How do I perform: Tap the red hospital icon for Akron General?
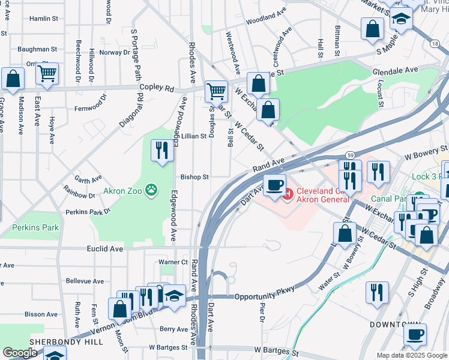pyautogui.click(x=289, y=193)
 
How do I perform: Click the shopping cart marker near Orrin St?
pyautogui.click(x=47, y=74)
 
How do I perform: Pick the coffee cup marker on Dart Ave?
pyautogui.click(x=275, y=184)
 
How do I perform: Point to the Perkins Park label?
pyautogui.click(x=35, y=227)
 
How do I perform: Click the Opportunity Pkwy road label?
pyautogui.click(x=265, y=296)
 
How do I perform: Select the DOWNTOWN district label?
pyautogui.click(x=393, y=324)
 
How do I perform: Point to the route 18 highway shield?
pyautogui.click(x=434, y=44)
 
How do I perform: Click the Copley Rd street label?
pyautogui.click(x=157, y=88)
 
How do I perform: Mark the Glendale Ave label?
pyautogui.click(x=395, y=70)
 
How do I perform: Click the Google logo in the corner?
pyautogui.click(x=20, y=353)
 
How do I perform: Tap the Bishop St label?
pyautogui.click(x=194, y=177)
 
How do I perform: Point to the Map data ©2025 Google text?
pyautogui.click(x=411, y=355)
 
